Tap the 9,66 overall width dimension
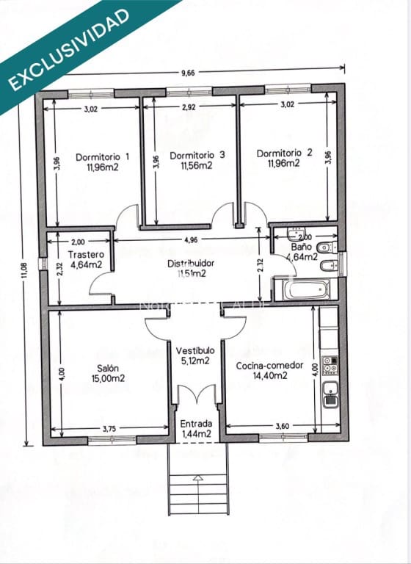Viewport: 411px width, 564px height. [x=190, y=73]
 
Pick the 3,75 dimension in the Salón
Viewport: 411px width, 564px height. [x=109, y=427]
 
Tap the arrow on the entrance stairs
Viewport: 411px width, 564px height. [x=197, y=478]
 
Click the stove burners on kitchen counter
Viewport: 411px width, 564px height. [x=330, y=365]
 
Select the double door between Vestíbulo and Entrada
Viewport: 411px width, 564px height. [x=197, y=397]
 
